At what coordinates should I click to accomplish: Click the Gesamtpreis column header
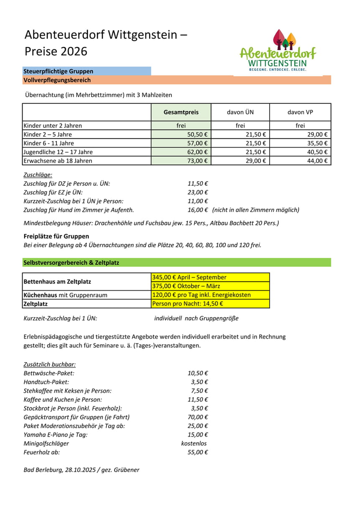(x=181, y=112)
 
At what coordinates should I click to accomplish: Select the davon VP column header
(x=300, y=112)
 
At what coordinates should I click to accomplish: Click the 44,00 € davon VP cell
(x=317, y=161)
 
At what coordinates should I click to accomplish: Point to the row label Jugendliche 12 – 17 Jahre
(x=58, y=152)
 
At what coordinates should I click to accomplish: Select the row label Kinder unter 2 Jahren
(x=53, y=125)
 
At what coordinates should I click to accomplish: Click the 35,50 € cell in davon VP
(x=317, y=143)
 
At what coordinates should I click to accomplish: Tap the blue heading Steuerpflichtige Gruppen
(x=59, y=72)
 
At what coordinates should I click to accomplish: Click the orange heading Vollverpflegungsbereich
(x=57, y=80)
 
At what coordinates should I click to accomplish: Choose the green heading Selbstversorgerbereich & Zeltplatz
(x=71, y=263)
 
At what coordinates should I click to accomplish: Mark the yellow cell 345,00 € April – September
(x=189, y=277)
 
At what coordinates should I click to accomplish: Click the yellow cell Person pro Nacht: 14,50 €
(x=188, y=304)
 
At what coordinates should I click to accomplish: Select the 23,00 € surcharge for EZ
(x=198, y=192)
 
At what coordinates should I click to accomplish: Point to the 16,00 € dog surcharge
(x=198, y=210)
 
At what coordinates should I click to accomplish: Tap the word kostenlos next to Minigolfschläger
(x=194, y=443)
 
